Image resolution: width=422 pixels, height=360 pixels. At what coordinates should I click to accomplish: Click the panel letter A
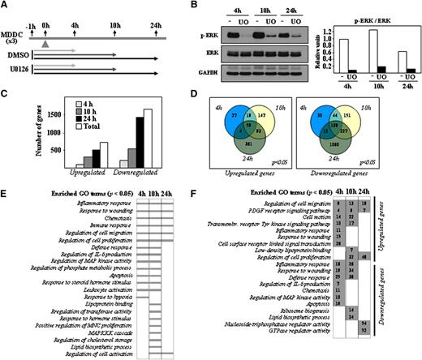(6, 6)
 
